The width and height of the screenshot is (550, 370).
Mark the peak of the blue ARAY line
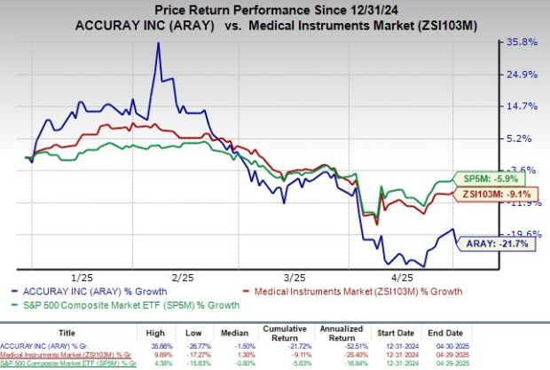(x=159, y=43)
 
